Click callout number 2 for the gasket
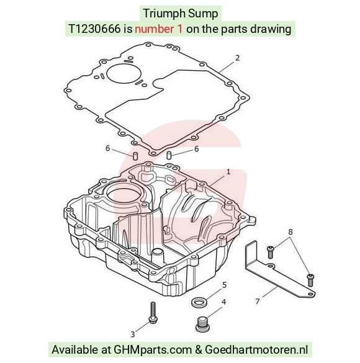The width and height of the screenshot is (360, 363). pyautogui.click(x=237, y=58)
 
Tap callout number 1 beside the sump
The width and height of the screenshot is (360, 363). pyautogui.click(x=228, y=172)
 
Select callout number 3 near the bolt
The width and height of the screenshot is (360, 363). pyautogui.click(x=132, y=334)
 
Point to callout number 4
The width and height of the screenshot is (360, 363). pyautogui.click(x=223, y=302)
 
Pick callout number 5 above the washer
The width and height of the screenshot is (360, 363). pyautogui.click(x=224, y=285)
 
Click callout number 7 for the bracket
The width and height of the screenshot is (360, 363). pyautogui.click(x=258, y=301)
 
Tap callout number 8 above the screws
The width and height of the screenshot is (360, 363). pyautogui.click(x=290, y=231)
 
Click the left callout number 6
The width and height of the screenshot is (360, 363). pyautogui.click(x=107, y=148)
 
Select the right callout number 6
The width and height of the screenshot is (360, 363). pyautogui.click(x=196, y=149)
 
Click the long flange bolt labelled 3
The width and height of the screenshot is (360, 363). pyautogui.click(x=153, y=313)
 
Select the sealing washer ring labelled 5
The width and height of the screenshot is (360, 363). pyautogui.click(x=199, y=302)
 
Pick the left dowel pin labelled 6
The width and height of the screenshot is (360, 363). pyautogui.click(x=135, y=156)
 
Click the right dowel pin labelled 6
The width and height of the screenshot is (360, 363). pyautogui.click(x=169, y=155)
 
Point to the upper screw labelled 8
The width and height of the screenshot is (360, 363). pyautogui.click(x=271, y=252)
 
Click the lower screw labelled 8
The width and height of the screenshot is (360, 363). pyautogui.click(x=310, y=280)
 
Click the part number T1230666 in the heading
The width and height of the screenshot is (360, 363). pyautogui.click(x=95, y=29)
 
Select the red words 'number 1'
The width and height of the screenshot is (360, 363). pyautogui.click(x=158, y=29)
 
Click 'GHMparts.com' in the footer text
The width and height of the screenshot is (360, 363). pyautogui.click(x=153, y=349)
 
